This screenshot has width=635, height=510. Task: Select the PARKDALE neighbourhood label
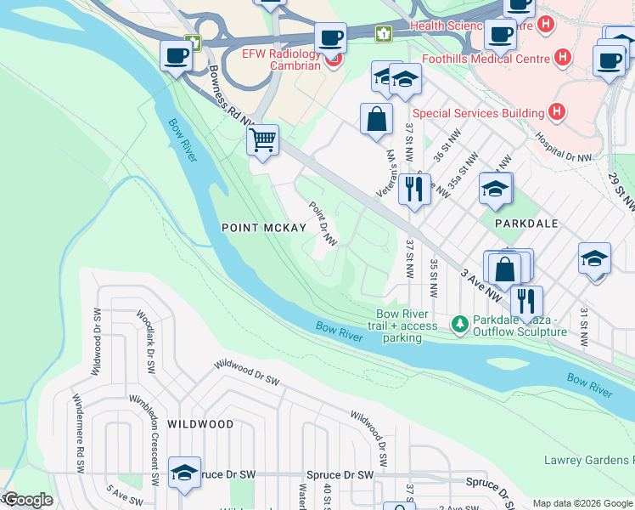tap(526, 223)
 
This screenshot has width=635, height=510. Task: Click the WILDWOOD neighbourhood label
tap(200, 423)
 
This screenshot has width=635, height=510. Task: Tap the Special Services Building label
tap(478, 113)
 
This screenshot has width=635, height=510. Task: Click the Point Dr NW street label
tap(323, 224)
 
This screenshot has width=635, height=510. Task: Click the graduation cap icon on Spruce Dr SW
tap(184, 473)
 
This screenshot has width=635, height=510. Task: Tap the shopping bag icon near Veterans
tap(376, 120)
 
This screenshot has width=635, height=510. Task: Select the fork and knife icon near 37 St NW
tap(413, 189)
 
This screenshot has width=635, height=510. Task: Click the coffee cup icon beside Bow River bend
tap(177, 56)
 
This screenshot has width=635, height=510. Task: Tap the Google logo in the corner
tap(28, 500)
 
